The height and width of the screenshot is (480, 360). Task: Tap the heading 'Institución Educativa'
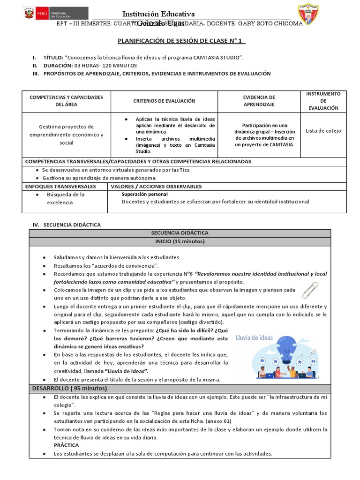[158, 14]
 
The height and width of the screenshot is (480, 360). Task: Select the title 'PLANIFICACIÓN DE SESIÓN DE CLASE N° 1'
[180, 41]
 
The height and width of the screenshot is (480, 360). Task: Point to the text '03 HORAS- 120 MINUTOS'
[105, 66]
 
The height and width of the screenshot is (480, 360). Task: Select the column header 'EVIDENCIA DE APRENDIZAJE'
[259, 101]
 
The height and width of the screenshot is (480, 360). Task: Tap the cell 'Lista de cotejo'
[323, 131]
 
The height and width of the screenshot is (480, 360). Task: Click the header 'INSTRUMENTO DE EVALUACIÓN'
[323, 101]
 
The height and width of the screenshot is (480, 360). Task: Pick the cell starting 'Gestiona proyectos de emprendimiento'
[67, 135]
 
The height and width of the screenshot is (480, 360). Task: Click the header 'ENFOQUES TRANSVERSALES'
[60, 187]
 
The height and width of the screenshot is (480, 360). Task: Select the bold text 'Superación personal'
[144, 194]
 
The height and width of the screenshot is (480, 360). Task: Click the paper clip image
[310, 290]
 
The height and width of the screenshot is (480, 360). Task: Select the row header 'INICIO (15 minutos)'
[180, 241]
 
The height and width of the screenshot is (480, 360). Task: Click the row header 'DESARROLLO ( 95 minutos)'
[69, 389]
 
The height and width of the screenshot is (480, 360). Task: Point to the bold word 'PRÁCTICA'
[66, 445]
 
